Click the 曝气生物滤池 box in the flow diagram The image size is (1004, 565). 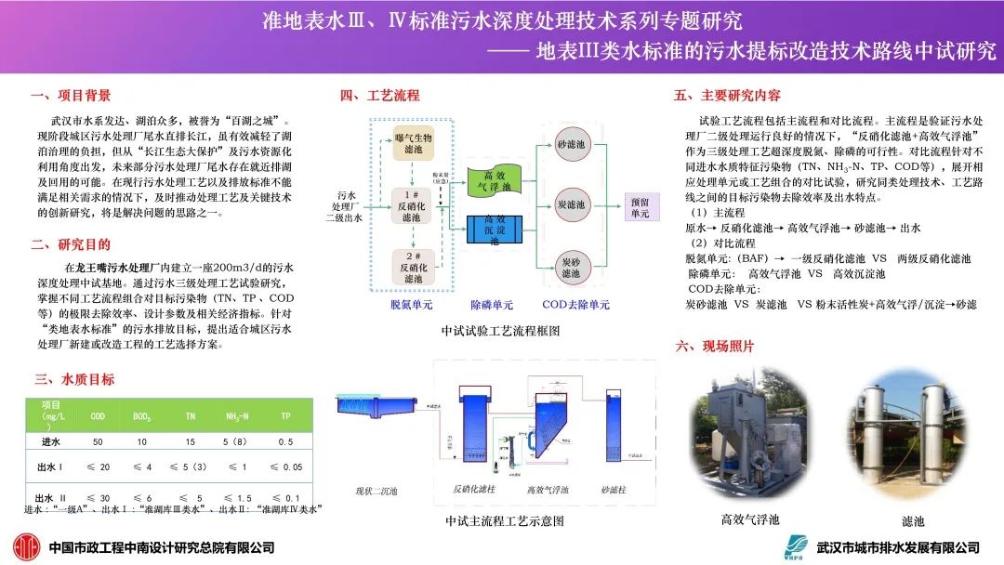coord(412,144)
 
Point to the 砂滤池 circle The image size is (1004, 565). coord(571,146)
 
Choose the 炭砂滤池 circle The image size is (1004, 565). coord(571,268)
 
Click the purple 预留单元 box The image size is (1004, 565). coord(641,206)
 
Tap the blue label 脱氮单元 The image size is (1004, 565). coord(412,305)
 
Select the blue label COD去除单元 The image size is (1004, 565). coord(575,305)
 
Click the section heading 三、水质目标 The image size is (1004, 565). coord(74,379)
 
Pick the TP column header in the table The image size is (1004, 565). coord(285,415)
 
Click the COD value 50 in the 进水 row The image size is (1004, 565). coord(98,441)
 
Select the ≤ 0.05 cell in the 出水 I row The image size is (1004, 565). coord(285,466)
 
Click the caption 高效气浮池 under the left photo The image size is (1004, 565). coord(750,519)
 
